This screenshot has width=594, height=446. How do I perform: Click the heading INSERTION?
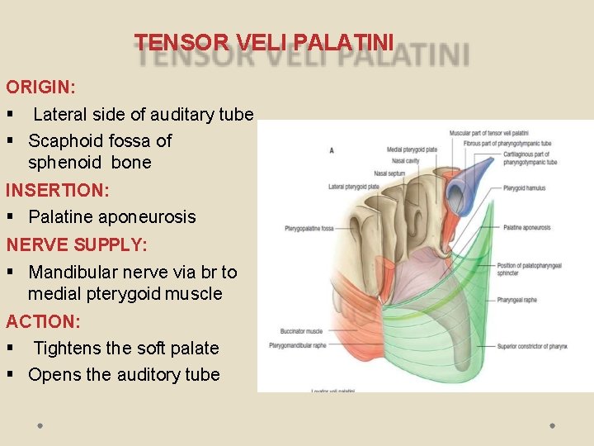click(x=57, y=190)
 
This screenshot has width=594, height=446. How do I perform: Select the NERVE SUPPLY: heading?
click(x=76, y=244)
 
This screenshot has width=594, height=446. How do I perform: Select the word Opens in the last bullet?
click(x=54, y=374)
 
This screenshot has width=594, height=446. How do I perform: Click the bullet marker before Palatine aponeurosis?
click(x=12, y=217)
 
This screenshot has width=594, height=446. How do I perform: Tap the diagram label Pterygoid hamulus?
click(x=524, y=188)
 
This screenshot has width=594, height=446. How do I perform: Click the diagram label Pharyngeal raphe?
click(x=517, y=300)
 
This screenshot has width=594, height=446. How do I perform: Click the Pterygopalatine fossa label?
click(x=309, y=228)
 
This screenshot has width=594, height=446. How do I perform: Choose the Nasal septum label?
click(x=390, y=173)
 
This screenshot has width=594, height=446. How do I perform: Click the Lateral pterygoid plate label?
click(x=354, y=187)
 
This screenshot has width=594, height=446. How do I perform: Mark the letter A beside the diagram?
click(x=332, y=150)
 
